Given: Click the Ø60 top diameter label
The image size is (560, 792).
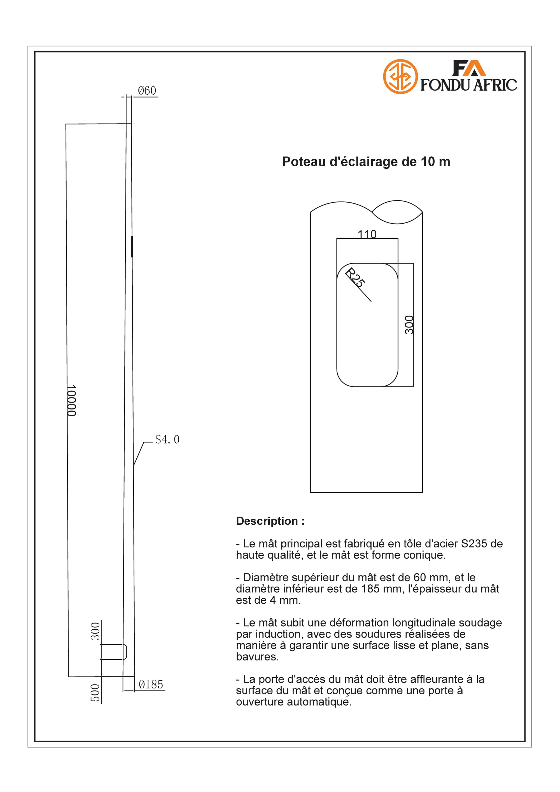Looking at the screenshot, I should coord(147,91).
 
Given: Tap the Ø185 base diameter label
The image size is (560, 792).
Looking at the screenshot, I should coord(151,684).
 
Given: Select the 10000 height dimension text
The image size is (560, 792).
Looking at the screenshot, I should coord(71,400).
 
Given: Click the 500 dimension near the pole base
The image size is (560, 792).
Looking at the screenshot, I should coord(95,693).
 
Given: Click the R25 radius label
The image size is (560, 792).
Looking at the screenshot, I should coord(355,278).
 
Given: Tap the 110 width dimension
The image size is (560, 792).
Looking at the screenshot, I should coord(367,234).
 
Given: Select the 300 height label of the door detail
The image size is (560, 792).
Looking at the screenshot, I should coord(409,325).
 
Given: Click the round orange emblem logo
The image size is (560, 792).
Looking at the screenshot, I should coord(400,77).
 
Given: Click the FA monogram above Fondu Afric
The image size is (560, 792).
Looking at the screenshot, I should coord(469,68).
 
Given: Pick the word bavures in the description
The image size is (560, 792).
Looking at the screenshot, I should coord(257,657).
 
